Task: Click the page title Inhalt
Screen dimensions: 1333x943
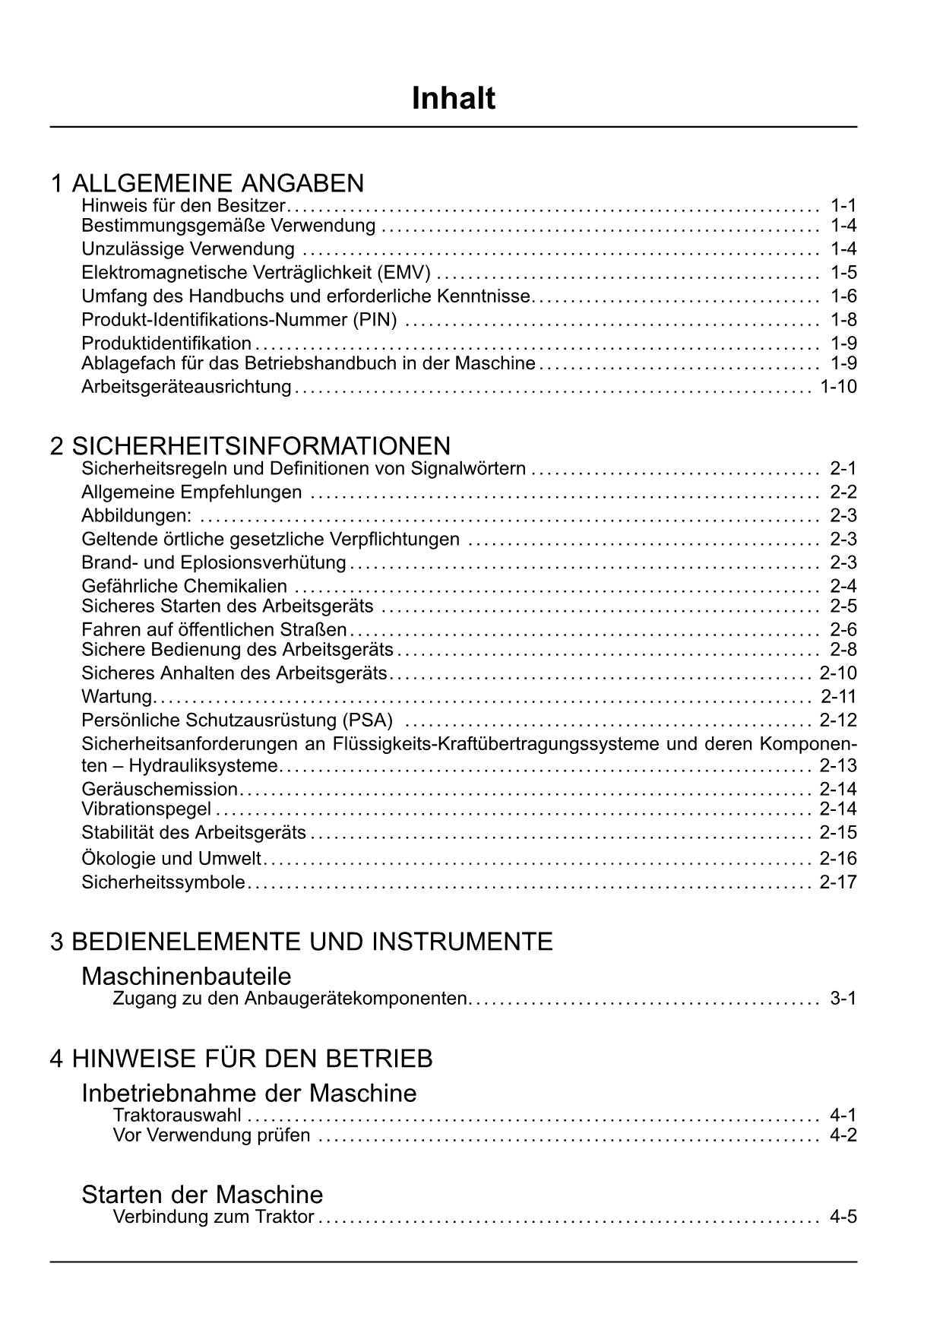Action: (454, 99)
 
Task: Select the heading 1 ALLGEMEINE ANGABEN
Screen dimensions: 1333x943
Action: (207, 183)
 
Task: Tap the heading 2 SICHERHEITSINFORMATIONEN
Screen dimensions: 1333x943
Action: (250, 445)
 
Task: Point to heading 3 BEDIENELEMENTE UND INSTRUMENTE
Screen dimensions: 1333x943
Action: (302, 942)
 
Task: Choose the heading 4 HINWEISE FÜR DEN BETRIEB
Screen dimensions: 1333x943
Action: (242, 1058)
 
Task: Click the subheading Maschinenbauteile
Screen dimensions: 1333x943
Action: (186, 975)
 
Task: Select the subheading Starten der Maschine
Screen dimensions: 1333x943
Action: (202, 1193)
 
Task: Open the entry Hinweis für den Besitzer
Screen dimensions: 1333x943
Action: (183, 205)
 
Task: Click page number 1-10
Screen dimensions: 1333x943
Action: (838, 387)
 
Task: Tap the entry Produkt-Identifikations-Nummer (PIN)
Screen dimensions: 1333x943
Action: (239, 320)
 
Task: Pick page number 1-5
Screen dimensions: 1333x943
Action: (843, 273)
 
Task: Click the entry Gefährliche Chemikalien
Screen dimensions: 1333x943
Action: (185, 586)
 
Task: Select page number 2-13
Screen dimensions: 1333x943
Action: (838, 765)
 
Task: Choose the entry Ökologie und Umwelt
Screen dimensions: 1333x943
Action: (171, 859)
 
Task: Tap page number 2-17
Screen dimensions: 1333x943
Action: (838, 882)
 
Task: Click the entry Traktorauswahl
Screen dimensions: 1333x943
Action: (177, 1115)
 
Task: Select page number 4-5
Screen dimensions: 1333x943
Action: (843, 1217)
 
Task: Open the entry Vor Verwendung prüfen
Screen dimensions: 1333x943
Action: (211, 1135)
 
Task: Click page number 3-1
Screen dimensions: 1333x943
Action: (843, 998)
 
